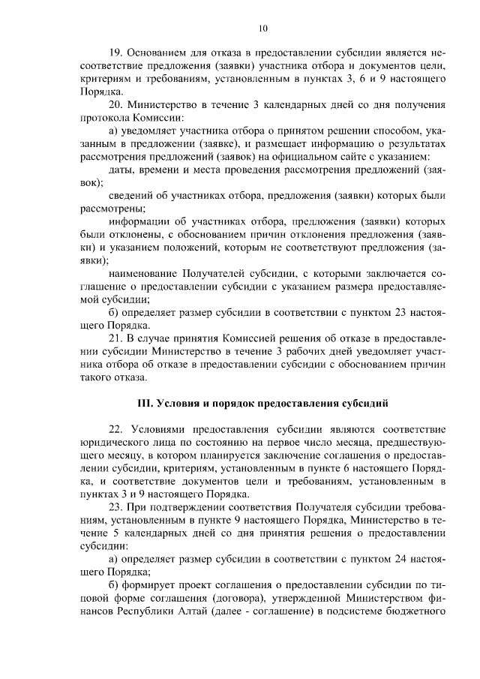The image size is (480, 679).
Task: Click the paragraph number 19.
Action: click(116, 54)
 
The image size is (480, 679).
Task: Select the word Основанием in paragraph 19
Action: click(157, 54)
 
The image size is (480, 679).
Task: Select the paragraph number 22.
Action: click(116, 429)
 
